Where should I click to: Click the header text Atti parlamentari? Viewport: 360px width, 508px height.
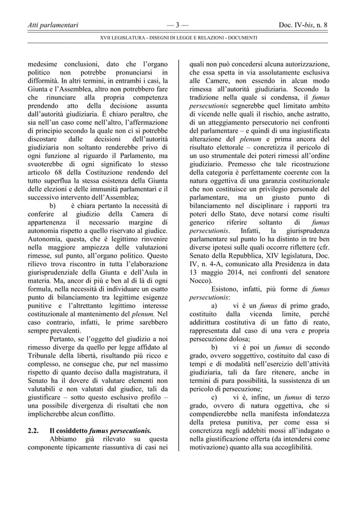click(53, 25)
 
